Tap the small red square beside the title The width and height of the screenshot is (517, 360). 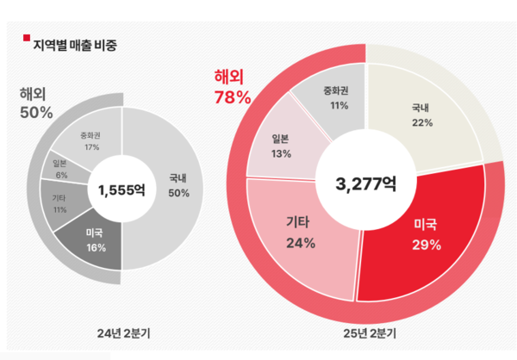click(x=26, y=38)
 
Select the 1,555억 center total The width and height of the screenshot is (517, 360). click(x=121, y=189)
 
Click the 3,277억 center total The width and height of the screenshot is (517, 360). click(x=365, y=183)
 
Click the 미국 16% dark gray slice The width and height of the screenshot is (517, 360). click(x=96, y=240)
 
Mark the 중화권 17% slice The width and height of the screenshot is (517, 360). click(x=90, y=140)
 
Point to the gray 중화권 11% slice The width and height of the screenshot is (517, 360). click(x=332, y=96)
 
